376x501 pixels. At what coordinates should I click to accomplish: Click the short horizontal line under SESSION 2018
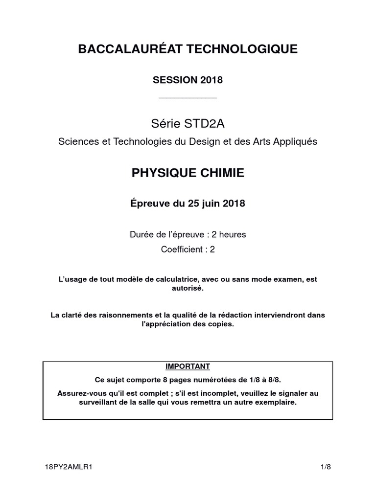[188, 98]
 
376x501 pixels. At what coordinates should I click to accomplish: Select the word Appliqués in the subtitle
[295, 141]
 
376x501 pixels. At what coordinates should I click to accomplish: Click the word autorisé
[188, 289]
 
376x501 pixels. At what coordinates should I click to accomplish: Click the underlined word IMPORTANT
[188, 366]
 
